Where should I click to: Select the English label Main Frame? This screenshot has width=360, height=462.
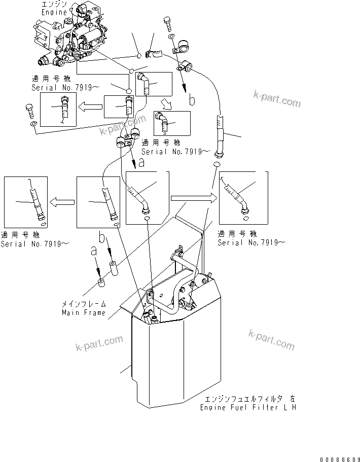[x=84, y=312]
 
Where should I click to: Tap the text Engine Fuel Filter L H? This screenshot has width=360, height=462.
[x=248, y=407]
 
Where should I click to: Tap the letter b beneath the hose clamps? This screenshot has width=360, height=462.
[x=192, y=100]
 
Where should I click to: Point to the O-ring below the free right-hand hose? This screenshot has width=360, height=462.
[x=216, y=165]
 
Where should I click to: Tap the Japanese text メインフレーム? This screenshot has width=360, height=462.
[x=84, y=304]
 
